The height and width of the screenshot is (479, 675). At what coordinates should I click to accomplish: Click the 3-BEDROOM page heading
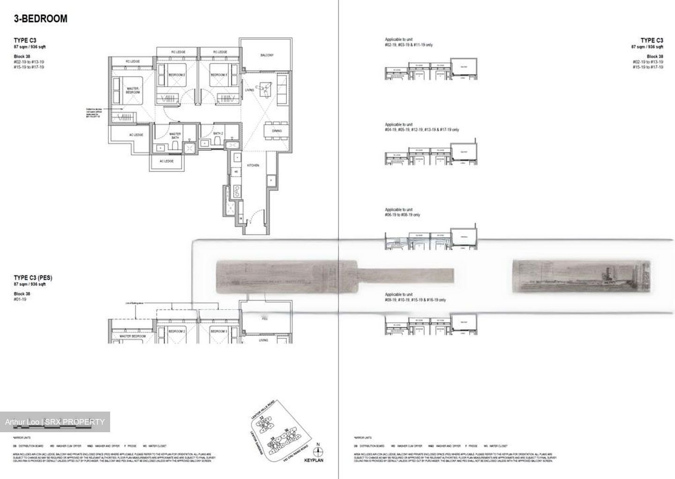(41, 19)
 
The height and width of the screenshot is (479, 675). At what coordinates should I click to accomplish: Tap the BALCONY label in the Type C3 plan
(267, 55)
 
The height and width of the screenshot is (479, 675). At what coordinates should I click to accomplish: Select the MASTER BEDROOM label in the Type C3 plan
(133, 90)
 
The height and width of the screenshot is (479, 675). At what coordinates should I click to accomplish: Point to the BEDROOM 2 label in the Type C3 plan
(177, 75)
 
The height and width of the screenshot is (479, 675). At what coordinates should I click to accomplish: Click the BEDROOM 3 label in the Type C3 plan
(218, 75)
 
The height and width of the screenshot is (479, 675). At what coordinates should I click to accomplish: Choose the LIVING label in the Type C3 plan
(249, 90)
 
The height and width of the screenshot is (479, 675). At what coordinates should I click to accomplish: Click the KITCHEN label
(253, 165)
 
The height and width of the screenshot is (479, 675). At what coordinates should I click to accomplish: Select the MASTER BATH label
(175, 136)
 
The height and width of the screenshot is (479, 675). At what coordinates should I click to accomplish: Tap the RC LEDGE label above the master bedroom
(133, 61)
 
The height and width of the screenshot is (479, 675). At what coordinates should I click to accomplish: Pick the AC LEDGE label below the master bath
(166, 161)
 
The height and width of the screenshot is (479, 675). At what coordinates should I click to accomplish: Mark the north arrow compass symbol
(319, 452)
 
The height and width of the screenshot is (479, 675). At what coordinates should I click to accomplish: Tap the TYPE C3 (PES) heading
(33, 278)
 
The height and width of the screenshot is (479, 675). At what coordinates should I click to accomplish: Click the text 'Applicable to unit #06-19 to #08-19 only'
(402, 212)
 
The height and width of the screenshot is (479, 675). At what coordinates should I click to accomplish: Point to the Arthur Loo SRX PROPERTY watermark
(55, 422)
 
